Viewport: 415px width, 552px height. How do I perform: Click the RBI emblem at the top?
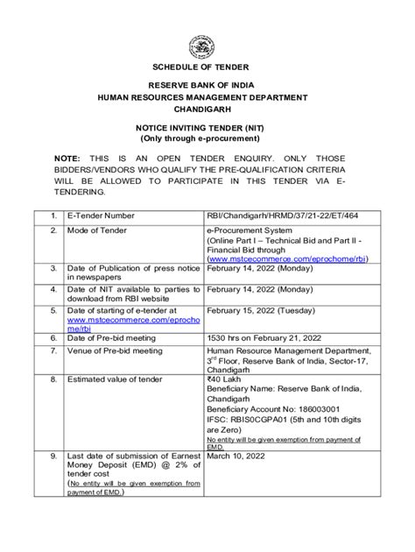(207, 46)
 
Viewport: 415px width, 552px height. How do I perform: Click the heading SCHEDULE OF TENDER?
(207, 67)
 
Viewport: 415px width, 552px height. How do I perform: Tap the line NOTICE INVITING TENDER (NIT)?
(207, 129)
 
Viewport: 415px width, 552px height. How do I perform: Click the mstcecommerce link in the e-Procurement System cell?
(288, 258)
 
